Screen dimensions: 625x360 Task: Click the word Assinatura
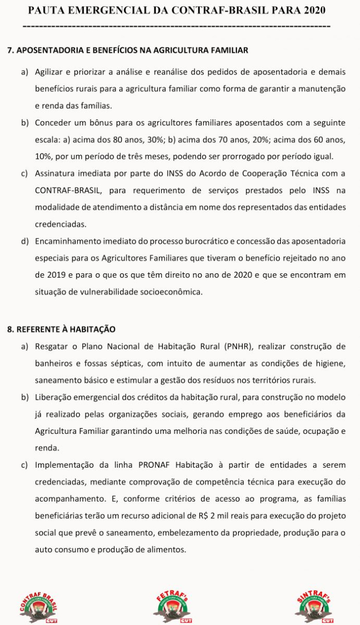coord(55,173)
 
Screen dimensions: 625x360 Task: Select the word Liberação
coord(53,397)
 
